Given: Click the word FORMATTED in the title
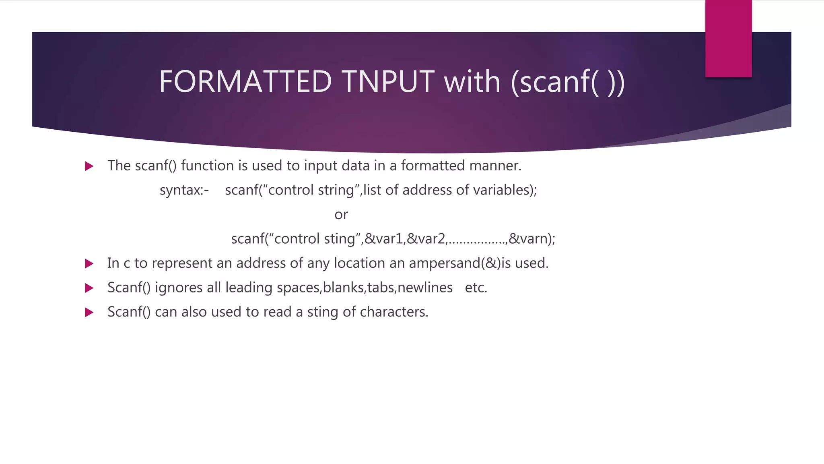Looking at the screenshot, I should click(x=245, y=82).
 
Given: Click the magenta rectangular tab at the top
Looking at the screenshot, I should click(x=728, y=39).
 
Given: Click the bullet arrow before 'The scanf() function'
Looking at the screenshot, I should click(x=89, y=166).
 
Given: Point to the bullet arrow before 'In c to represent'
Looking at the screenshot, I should click(x=89, y=264).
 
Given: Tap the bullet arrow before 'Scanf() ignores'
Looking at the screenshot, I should click(x=89, y=288).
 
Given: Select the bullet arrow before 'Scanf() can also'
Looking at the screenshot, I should click(x=89, y=312).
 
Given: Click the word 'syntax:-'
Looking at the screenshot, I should click(x=184, y=190).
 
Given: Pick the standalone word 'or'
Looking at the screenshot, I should click(x=341, y=215).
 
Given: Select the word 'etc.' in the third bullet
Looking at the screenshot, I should click(x=476, y=288).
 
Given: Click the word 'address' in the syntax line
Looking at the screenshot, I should click(x=427, y=190).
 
